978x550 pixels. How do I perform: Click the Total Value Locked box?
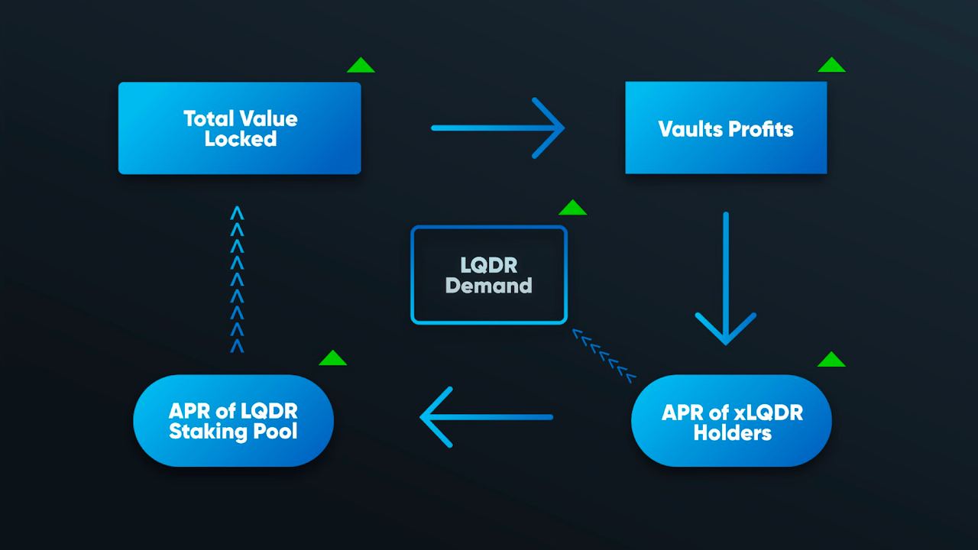click(x=240, y=128)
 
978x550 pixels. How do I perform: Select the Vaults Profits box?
click(x=726, y=128)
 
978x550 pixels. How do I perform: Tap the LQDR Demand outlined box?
click(x=489, y=274)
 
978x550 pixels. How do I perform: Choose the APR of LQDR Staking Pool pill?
click(x=234, y=421)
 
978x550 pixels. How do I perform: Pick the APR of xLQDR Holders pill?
click(x=731, y=421)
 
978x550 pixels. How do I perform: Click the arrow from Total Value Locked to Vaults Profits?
click(x=498, y=128)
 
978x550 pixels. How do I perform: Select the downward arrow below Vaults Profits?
click(x=726, y=279)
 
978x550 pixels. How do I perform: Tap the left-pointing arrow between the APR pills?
click(x=487, y=417)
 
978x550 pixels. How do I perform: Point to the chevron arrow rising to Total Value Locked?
click(x=237, y=280)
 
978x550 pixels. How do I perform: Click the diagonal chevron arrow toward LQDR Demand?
click(x=604, y=356)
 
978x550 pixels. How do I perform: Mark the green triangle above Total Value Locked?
click(x=361, y=65)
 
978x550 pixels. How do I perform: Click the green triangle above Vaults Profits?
click(x=832, y=65)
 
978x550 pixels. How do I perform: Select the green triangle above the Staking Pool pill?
click(x=332, y=357)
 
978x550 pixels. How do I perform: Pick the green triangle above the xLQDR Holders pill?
click(x=832, y=359)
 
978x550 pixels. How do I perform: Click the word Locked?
click(x=241, y=139)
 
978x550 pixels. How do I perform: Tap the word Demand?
click(x=488, y=286)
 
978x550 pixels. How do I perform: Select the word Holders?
click(x=732, y=433)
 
